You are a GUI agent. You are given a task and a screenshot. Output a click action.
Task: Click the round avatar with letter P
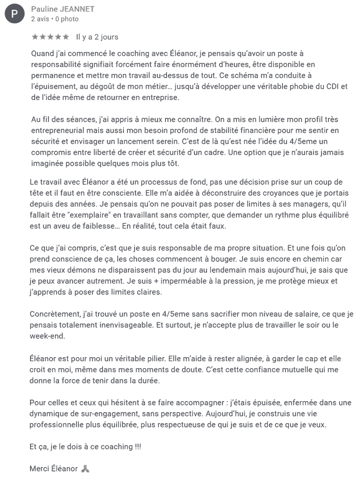[x=14, y=14]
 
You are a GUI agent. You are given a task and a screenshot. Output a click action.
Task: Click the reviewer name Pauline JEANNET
[x=62, y=9]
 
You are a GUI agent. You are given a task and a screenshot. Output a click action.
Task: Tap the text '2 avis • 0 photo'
[x=54, y=19]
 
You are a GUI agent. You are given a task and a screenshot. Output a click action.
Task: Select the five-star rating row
[x=50, y=37]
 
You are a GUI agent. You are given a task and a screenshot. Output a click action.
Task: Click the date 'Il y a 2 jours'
[x=97, y=37]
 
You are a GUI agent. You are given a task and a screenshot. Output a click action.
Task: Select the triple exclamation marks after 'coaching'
[x=138, y=447]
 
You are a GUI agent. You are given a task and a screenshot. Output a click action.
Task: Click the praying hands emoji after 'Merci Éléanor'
[x=85, y=469]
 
